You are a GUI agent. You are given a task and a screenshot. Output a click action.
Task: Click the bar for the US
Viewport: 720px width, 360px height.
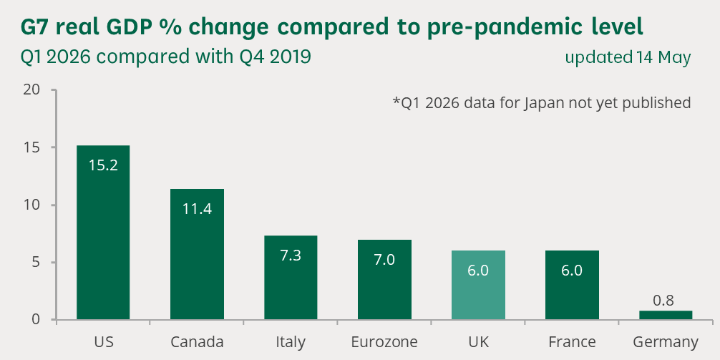pos(103,233)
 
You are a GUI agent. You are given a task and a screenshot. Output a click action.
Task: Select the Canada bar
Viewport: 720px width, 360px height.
pos(197,254)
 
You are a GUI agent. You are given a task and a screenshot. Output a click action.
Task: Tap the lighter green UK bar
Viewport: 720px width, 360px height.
pos(479,285)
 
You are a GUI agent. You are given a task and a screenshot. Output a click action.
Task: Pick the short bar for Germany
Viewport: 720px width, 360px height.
pos(666,315)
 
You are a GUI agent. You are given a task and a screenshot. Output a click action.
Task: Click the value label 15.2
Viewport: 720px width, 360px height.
pos(103,165)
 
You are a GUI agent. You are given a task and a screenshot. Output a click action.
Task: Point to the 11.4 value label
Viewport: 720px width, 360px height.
pos(197,209)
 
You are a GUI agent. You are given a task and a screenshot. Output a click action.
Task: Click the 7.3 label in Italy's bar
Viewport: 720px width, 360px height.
pos(291,256)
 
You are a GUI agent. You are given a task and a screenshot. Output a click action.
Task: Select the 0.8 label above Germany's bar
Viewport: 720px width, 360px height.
pos(663,301)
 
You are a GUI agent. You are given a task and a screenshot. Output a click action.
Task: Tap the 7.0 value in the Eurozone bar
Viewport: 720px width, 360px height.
pos(384,260)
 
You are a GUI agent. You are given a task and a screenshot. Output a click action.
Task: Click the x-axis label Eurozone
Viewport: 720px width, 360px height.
pos(384,342)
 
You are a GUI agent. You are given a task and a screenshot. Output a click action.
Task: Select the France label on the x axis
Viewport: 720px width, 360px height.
pos(572,342)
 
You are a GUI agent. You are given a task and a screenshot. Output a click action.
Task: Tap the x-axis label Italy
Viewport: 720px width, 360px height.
pos(291,342)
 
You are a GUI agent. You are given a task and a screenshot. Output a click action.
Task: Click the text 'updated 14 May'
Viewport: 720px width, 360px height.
pos(628,58)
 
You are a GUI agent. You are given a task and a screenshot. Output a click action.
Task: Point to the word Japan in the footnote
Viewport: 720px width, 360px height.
pos(545,103)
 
